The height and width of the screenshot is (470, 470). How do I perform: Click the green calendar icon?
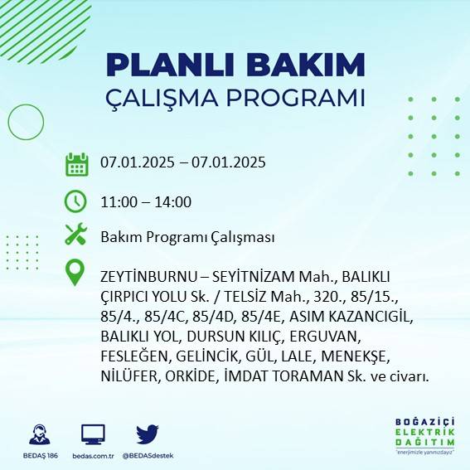(x=76, y=164)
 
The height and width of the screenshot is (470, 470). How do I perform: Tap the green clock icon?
(x=76, y=201)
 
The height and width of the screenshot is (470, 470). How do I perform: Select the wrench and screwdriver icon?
(x=76, y=236)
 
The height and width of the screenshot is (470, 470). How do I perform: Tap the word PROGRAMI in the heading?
(x=298, y=97)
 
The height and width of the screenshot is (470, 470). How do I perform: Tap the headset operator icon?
(x=38, y=434)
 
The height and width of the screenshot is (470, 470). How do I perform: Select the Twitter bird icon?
(x=148, y=434)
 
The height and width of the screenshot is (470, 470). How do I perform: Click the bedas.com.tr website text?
(x=93, y=456)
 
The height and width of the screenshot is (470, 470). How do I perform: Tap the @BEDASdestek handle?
(x=148, y=456)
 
